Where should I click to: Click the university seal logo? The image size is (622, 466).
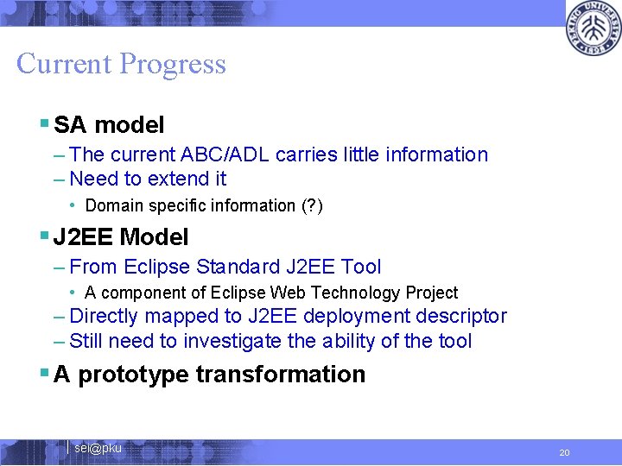[x=593, y=28]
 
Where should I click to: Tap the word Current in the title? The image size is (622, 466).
[x=64, y=64]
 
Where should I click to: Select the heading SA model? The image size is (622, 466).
[x=109, y=125]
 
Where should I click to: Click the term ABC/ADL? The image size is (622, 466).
[x=222, y=155]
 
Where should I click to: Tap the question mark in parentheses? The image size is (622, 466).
[x=311, y=205]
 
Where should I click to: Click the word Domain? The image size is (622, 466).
[x=114, y=205]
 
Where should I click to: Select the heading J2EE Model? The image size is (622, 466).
[x=121, y=236]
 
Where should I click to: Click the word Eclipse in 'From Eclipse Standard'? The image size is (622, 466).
[x=158, y=268]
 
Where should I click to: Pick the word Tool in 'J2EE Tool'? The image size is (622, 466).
[x=361, y=268]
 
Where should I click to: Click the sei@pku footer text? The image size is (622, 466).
[x=98, y=448]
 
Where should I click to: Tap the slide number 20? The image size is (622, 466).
[x=564, y=452]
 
